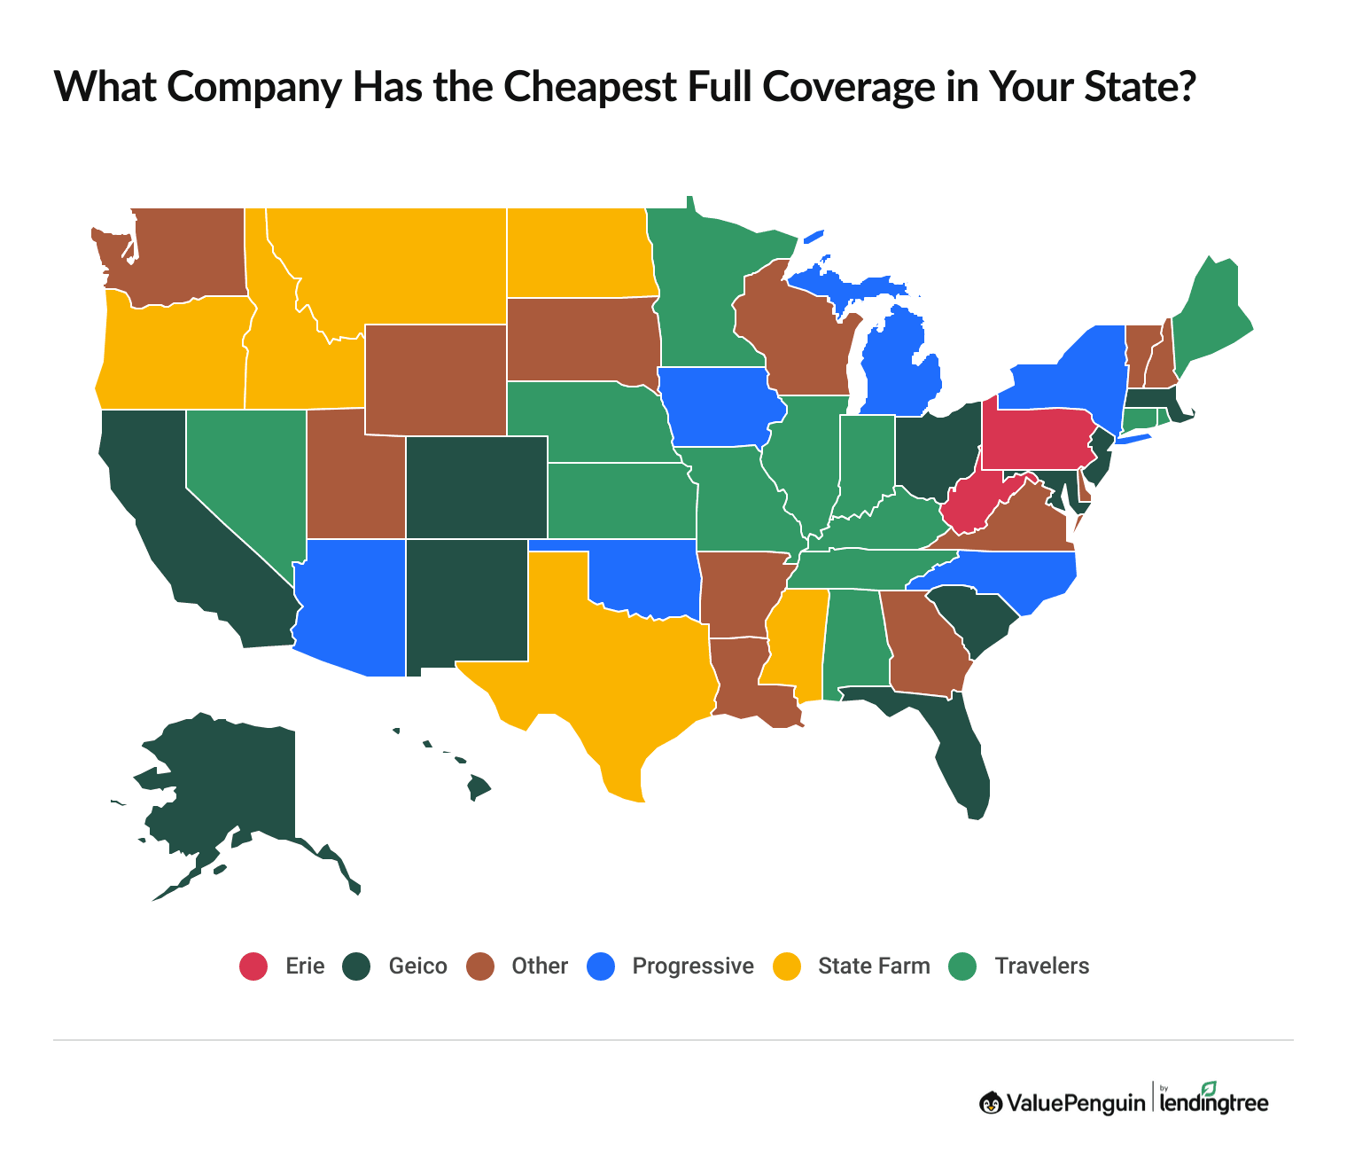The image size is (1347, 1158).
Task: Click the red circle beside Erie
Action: click(253, 966)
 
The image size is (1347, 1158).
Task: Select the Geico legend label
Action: click(417, 966)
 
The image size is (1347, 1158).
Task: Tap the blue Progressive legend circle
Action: click(601, 966)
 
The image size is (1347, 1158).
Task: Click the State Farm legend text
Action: click(874, 966)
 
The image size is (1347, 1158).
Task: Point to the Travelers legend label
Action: click(1041, 966)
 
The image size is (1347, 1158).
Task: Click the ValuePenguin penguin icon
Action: click(991, 1102)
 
